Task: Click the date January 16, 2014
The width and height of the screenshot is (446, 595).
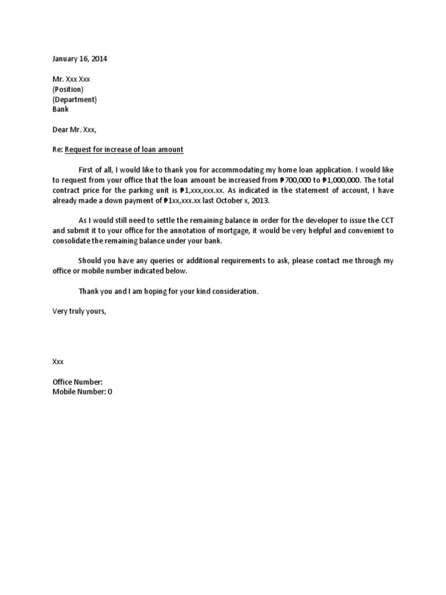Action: (80, 59)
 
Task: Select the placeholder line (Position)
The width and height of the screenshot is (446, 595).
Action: (68, 89)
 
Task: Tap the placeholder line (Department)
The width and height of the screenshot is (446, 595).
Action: (74, 99)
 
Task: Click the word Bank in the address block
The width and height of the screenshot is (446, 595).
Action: (60, 109)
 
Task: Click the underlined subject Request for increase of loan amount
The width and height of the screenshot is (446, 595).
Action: (124, 149)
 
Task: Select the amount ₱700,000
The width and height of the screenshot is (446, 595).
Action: (297, 180)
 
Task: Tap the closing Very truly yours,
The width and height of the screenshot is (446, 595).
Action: (80, 311)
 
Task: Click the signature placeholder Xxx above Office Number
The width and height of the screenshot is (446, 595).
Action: (58, 361)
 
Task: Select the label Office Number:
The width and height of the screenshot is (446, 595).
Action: (78, 382)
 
